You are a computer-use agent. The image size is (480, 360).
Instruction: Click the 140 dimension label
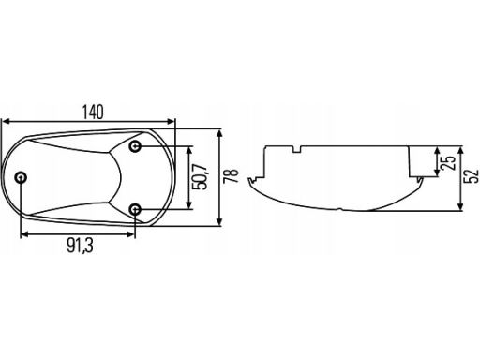click(93, 112)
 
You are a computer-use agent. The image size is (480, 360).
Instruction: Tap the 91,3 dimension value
click(80, 246)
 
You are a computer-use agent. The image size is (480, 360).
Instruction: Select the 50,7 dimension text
click(201, 177)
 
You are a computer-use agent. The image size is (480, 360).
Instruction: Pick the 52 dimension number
click(472, 175)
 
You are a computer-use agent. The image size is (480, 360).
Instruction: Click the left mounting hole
click(21, 178)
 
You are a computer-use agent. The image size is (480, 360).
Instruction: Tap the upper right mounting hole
click(135, 146)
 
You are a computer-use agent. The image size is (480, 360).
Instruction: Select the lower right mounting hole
click(135, 209)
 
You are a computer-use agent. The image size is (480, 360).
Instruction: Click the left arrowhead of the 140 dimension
click(6, 122)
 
